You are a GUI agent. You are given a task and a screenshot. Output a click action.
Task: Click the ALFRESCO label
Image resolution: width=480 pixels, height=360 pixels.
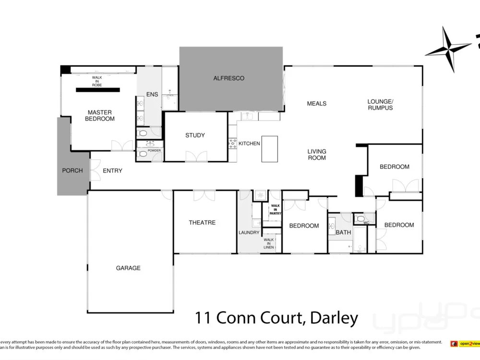[x=229, y=78]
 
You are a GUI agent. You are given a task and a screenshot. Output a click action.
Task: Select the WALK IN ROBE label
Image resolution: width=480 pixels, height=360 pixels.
[x=97, y=81]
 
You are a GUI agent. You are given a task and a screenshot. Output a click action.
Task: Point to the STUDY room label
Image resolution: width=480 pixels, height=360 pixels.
[x=195, y=135]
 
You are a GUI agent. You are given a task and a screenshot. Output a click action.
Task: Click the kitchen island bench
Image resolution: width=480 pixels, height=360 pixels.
[x=270, y=149]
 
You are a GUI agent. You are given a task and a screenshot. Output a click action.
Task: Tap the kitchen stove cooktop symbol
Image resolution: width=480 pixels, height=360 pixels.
[x=233, y=143]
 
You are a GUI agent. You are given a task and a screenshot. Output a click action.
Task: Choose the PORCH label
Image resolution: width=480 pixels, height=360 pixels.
[x=72, y=170]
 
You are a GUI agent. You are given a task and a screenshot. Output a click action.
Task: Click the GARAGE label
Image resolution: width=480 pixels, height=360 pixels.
[x=128, y=268]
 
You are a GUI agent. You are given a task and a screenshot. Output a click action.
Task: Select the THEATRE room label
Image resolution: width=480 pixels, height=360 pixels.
[x=202, y=223]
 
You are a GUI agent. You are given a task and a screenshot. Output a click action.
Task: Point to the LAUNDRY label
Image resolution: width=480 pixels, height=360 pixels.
[x=249, y=233]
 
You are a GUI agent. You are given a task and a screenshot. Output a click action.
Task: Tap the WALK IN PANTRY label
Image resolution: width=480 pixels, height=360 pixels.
[x=276, y=209]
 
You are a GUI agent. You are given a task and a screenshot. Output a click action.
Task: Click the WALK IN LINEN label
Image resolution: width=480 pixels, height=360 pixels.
[x=269, y=243]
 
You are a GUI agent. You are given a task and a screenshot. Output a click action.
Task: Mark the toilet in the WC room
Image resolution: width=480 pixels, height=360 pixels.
[x=360, y=219]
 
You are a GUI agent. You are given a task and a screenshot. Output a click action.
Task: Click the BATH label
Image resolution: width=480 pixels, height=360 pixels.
[x=344, y=232]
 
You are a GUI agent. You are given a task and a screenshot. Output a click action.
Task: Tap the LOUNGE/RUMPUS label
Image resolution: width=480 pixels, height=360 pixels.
[x=380, y=105]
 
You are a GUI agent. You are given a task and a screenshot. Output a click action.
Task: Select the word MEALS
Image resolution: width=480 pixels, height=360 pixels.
[x=317, y=104]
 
